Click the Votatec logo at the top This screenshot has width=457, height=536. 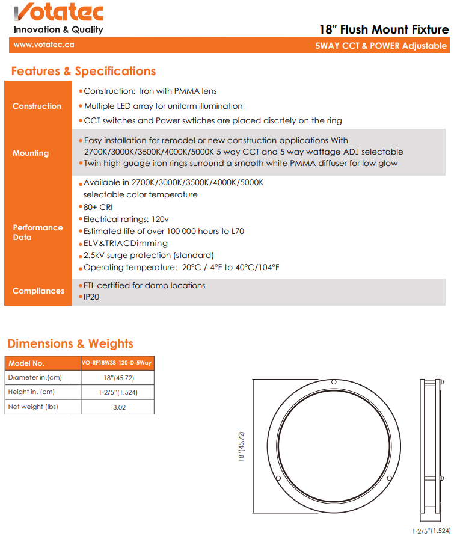tap(58, 12)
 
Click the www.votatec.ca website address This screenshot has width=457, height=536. tap(40, 45)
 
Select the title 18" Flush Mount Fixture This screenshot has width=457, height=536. tap(384, 29)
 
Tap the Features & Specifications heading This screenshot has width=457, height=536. tap(84, 71)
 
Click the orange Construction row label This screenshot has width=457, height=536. tap(37, 106)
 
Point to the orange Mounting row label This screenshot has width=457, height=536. tap(31, 153)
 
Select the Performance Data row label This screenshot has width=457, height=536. tap(37, 232)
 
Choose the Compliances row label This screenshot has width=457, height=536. tap(38, 291)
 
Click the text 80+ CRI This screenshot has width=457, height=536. tap(98, 207)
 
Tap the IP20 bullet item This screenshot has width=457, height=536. tap(91, 297)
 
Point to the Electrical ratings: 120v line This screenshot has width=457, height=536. tap(126, 219)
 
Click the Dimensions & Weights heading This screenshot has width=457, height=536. tap(70, 343)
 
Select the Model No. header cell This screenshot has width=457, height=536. tap(26, 363)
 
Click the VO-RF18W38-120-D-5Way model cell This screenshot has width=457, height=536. tap(117, 363)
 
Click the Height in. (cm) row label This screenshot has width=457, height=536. tap(31, 392)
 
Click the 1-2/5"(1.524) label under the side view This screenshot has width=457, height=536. tap(431, 531)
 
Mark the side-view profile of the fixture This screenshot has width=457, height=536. tap(432, 446)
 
